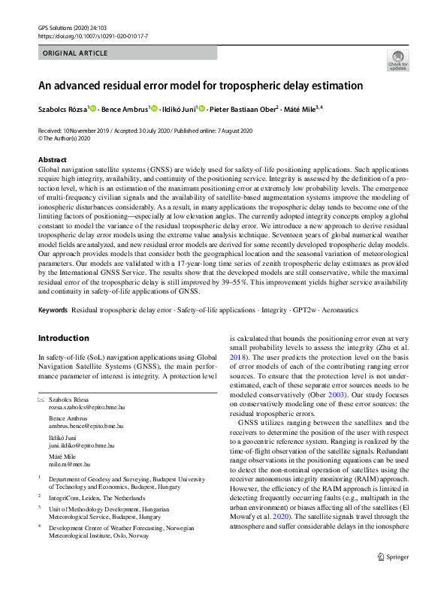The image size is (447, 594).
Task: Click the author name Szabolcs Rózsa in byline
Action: (62, 109)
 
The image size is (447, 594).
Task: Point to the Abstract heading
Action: (52, 160)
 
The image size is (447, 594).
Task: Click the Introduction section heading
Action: (63, 338)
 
